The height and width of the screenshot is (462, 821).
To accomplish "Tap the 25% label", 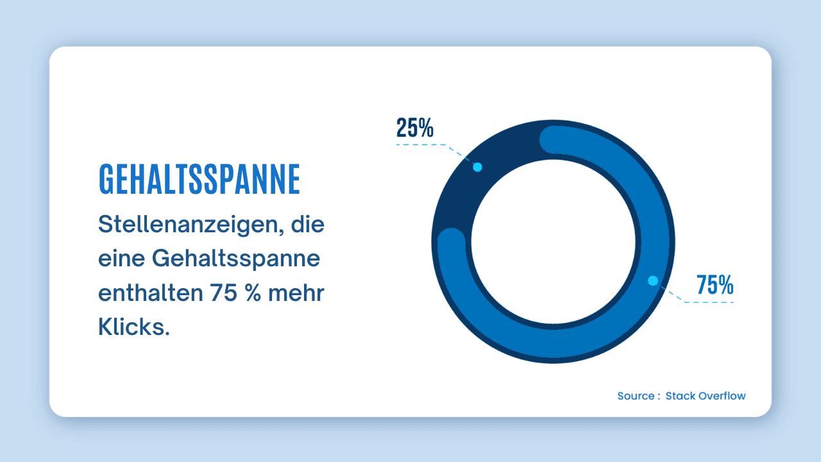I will tap(414, 128).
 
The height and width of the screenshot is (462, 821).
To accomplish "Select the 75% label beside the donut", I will tap(715, 285).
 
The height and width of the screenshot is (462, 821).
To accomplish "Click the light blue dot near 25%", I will tap(477, 167).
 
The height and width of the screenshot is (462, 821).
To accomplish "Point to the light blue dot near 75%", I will tap(653, 280).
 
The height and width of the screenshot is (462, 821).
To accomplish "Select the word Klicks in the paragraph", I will tap(133, 327).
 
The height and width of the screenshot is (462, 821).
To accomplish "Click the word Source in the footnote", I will tap(635, 396).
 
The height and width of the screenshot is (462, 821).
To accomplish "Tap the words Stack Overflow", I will tap(706, 396).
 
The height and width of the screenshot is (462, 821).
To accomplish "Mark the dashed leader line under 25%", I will tap(420, 145).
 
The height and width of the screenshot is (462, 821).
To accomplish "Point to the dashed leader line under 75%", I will tap(709, 302).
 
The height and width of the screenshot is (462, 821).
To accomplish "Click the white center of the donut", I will tap(553, 241).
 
